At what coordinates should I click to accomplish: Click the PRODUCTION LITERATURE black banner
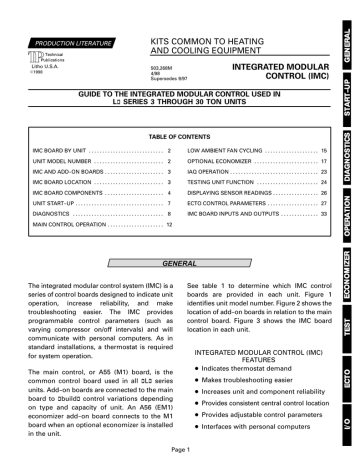[x=63, y=17]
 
